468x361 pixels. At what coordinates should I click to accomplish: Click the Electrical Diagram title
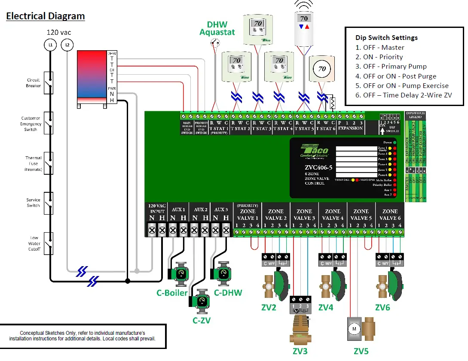click(x=45, y=16)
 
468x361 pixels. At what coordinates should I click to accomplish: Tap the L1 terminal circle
click(x=50, y=45)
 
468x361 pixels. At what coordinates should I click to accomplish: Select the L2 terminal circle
click(x=67, y=45)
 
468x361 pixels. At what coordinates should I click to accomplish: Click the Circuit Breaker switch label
click(x=33, y=83)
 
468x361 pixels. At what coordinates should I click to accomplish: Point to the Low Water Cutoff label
click(x=34, y=243)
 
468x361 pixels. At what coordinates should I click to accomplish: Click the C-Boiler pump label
click(x=171, y=293)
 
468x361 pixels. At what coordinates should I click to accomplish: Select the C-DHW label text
click(x=228, y=293)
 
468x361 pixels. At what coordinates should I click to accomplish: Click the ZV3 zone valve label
click(x=300, y=351)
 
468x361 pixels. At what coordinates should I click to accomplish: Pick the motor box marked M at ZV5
click(x=354, y=329)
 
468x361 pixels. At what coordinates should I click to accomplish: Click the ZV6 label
click(x=382, y=307)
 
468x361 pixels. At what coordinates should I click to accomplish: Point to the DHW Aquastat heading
click(x=217, y=28)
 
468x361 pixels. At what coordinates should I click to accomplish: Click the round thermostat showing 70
click(x=321, y=69)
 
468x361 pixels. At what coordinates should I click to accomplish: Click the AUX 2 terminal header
click(x=200, y=209)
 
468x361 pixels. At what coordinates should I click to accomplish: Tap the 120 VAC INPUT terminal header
click(x=156, y=208)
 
